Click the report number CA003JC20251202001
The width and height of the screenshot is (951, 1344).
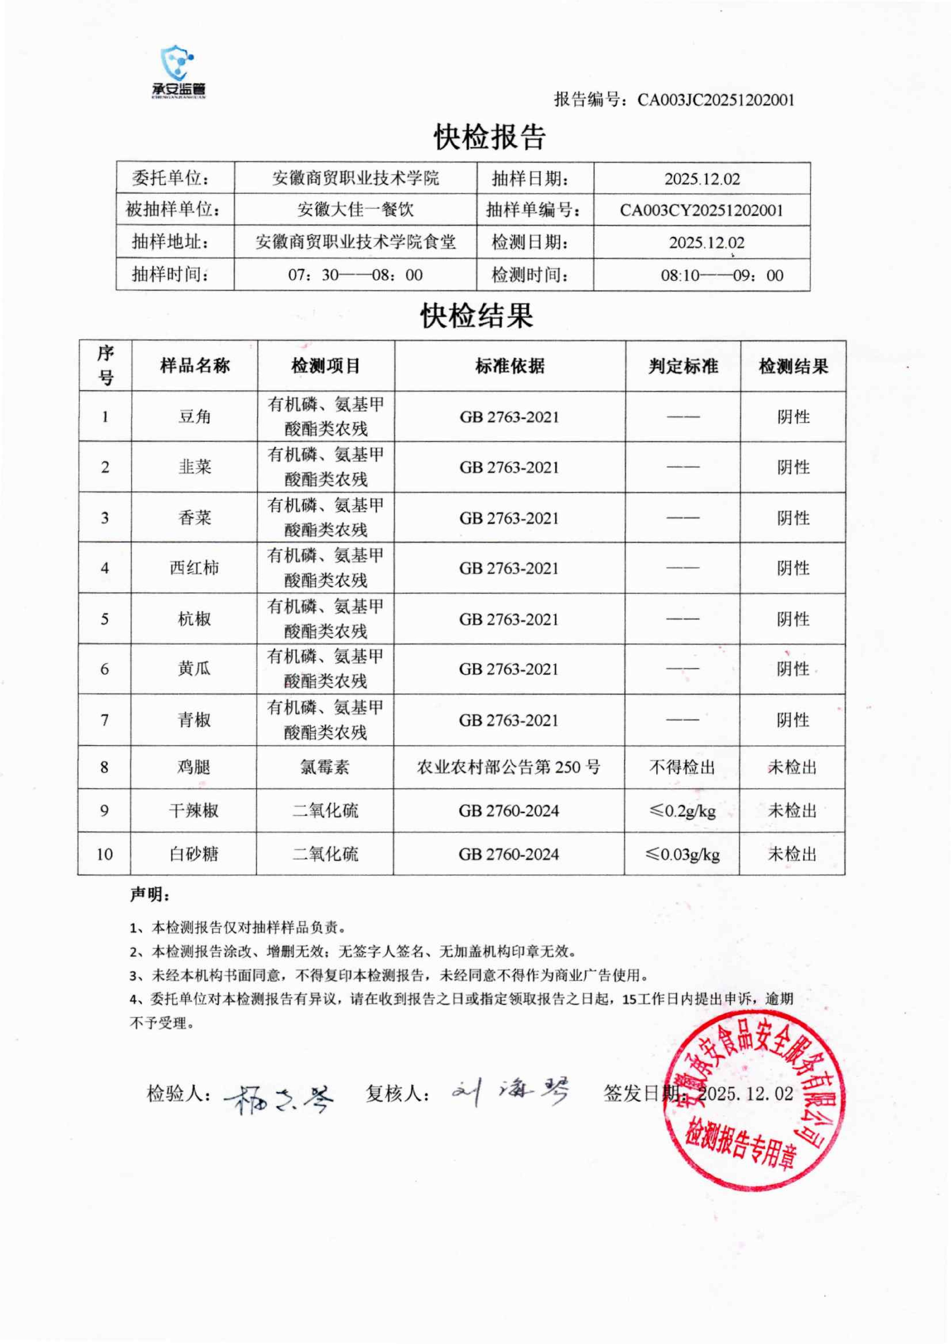(716, 100)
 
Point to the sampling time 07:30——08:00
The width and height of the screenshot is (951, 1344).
(355, 274)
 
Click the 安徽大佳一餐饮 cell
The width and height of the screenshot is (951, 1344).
(355, 210)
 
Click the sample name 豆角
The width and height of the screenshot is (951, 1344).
(194, 417)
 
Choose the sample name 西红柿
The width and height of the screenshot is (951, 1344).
(194, 568)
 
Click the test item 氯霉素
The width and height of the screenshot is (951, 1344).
(325, 767)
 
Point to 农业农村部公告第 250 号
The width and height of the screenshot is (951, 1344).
(508, 767)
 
